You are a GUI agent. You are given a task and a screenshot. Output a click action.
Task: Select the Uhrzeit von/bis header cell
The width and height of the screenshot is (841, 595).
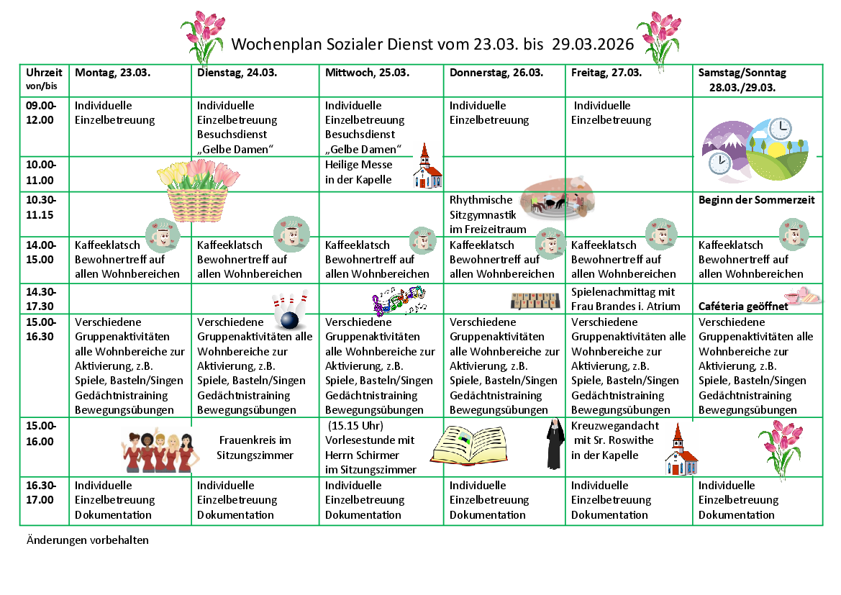44,79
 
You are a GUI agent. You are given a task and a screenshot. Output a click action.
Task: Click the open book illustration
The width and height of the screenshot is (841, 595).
473,444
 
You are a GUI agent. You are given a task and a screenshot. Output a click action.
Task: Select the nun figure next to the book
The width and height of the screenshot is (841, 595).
554,445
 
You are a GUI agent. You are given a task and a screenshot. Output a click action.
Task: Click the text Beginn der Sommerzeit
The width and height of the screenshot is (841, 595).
756,200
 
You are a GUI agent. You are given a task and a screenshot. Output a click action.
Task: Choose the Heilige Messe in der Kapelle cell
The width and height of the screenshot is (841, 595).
359,172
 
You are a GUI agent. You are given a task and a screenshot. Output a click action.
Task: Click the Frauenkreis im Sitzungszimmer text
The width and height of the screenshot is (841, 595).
255,448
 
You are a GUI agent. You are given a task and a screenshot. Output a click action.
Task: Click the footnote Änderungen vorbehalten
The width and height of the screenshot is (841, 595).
88,540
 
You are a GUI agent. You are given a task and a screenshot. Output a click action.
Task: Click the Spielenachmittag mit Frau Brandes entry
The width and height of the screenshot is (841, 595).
624,299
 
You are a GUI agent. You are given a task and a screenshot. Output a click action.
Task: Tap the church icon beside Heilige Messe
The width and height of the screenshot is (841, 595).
427,167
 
